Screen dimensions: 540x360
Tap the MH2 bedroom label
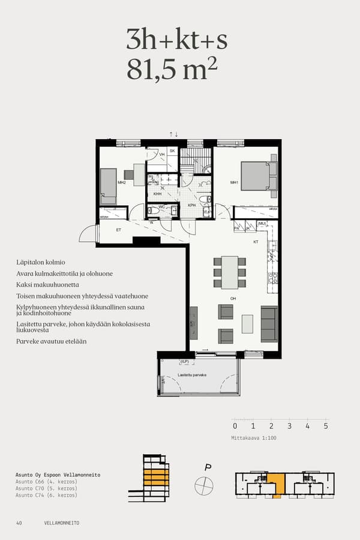click(x=121, y=182)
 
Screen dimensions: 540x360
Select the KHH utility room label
click(x=157, y=194)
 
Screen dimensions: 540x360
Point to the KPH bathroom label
click(x=192, y=205)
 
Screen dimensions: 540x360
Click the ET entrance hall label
click(x=119, y=229)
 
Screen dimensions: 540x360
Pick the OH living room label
click(x=233, y=298)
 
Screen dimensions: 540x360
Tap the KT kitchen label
click(x=256, y=242)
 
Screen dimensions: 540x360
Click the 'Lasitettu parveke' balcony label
click(x=192, y=374)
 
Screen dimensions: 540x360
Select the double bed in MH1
click(x=258, y=176)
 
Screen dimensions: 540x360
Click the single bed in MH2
click(x=108, y=186)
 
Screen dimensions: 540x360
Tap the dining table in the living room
click(x=230, y=271)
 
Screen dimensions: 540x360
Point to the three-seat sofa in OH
click(x=269, y=324)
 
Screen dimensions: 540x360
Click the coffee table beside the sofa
click(x=247, y=324)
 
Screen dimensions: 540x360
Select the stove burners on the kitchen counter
click(x=273, y=277)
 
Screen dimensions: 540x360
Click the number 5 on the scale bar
click(x=326, y=426)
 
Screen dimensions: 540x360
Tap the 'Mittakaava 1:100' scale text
click(x=254, y=438)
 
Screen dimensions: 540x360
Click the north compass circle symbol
click(x=204, y=485)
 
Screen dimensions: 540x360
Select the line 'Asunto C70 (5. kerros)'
click(x=46, y=488)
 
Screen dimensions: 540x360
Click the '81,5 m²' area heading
click(x=171, y=69)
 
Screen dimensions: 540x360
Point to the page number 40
click(x=19, y=523)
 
